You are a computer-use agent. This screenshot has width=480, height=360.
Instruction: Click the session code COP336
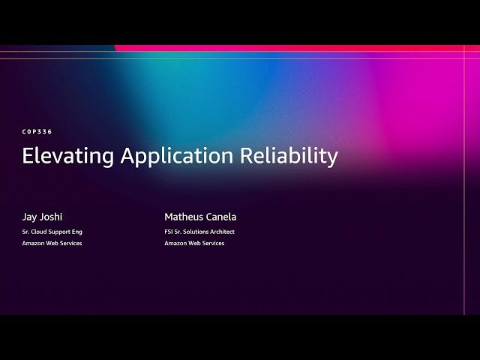(37, 132)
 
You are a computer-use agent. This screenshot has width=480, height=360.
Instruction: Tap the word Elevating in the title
(68, 156)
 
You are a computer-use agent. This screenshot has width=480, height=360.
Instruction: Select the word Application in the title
(178, 156)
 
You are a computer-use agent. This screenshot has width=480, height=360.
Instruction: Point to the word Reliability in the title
(289, 156)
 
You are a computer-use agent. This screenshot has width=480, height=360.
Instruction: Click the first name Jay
(29, 217)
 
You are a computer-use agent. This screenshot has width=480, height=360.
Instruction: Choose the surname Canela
(222, 217)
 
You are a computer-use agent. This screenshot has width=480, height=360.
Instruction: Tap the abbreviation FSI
(169, 232)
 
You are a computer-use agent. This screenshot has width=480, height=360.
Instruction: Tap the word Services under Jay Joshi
(70, 243)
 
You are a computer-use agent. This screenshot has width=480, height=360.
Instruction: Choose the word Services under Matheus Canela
(213, 243)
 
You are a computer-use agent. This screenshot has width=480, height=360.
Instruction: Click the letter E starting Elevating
(27, 156)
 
